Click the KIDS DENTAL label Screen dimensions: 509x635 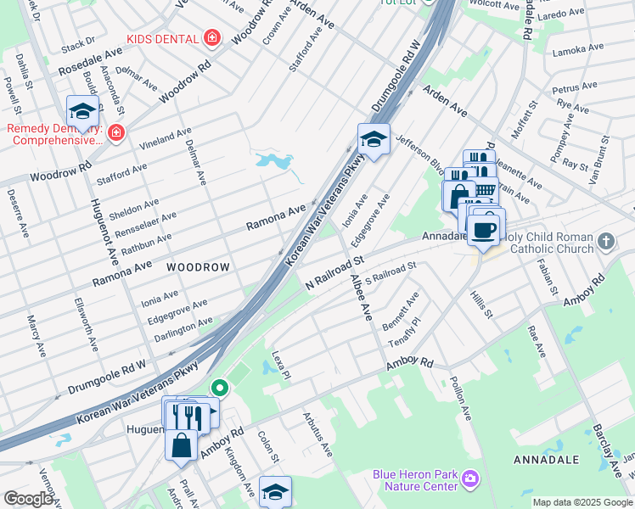162,39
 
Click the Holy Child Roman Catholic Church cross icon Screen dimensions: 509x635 605,242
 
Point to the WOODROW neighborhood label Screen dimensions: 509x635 198,267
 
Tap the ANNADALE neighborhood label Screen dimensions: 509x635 546,459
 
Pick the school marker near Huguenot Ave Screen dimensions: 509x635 83,111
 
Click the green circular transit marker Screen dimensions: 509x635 220,389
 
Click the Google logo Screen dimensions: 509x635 28,499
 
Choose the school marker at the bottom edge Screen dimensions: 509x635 274,491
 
